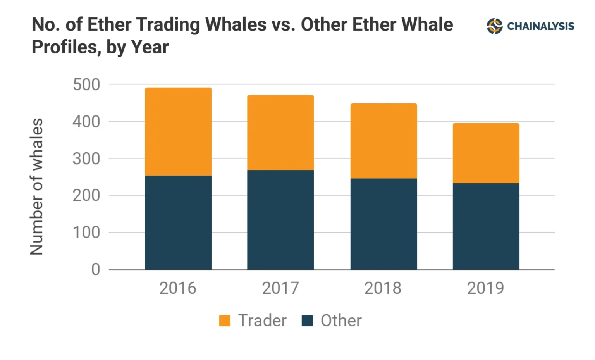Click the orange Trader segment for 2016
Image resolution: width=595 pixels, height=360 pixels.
coord(178,132)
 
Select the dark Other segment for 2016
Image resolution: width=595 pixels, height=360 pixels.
coord(178,223)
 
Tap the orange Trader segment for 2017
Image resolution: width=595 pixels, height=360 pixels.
coord(280,133)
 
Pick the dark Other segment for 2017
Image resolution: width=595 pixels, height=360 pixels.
coord(280,220)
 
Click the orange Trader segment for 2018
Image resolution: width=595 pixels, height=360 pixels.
coord(383,141)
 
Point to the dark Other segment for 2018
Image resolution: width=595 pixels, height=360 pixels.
coord(383,224)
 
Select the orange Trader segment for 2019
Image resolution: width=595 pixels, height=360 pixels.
coord(486,153)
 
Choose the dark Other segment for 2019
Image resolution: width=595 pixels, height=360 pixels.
coord(486,226)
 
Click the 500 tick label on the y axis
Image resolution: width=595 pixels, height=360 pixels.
coord(86,84)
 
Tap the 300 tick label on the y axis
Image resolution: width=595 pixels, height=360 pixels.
coord(86,158)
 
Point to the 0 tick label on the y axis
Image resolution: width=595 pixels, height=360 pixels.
coord(95,269)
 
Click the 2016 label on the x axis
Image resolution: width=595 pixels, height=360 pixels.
coord(178,288)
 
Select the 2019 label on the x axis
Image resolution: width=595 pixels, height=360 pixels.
coord(485,288)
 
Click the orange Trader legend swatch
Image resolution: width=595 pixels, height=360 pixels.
coord(225,320)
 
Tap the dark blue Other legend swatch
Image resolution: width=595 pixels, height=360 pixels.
coord(307,320)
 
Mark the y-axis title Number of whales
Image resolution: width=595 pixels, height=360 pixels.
coord(36,186)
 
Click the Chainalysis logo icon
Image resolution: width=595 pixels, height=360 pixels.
coord(494,26)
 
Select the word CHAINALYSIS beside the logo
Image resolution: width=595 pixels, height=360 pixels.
coord(541,26)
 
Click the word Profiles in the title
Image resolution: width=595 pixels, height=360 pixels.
coord(64,47)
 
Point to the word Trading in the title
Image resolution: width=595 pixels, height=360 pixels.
coord(168,25)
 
